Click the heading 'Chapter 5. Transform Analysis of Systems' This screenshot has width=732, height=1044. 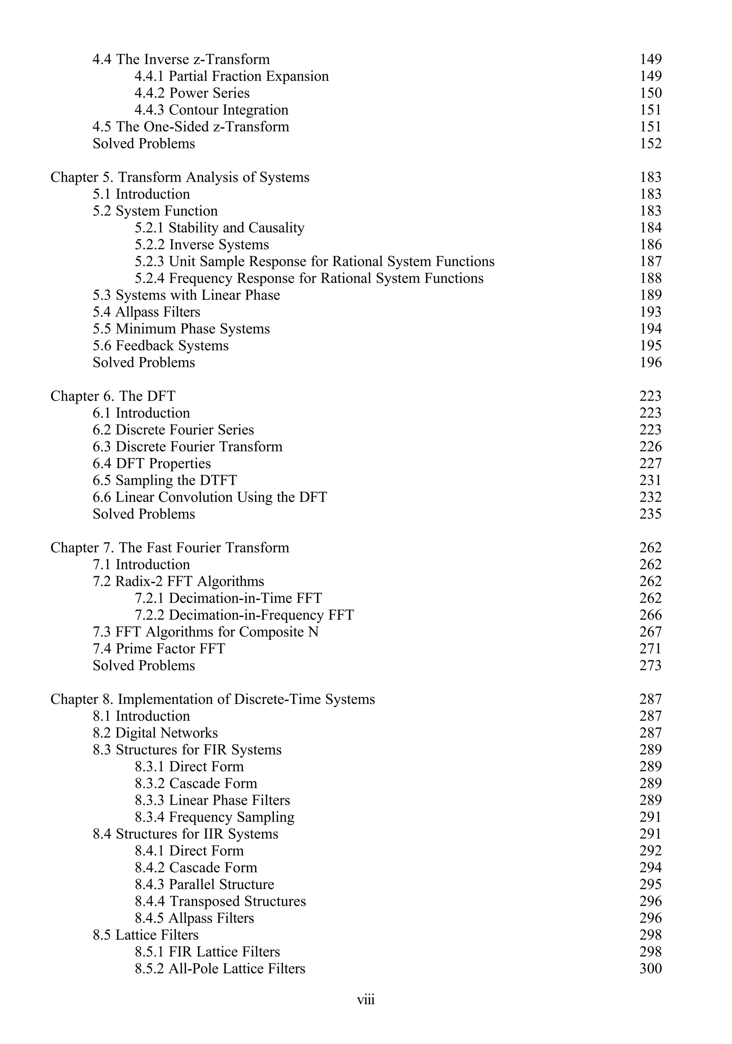(179, 177)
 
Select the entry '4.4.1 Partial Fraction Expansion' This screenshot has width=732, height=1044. (231, 77)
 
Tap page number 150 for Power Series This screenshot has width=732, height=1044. (650, 93)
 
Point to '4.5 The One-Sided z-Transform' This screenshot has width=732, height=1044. (191, 127)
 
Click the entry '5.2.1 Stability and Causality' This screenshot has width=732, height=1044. (219, 228)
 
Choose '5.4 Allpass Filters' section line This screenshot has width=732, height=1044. (146, 312)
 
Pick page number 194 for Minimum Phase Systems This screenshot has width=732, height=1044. (650, 329)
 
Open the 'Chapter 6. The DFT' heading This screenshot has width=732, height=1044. (113, 396)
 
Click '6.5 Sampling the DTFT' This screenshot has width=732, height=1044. (164, 480)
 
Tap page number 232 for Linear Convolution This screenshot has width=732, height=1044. (650, 497)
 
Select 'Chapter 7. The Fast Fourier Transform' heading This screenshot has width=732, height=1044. (169, 548)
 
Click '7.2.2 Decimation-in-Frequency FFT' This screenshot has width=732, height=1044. (244, 615)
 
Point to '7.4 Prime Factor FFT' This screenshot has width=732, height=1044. (159, 649)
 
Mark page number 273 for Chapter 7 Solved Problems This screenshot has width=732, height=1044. (650, 666)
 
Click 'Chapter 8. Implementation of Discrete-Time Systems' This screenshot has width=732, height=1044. (213, 699)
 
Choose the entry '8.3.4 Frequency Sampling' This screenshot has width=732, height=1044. (214, 817)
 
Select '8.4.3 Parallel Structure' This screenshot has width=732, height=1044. (204, 884)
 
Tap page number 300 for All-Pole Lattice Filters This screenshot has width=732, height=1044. (650, 969)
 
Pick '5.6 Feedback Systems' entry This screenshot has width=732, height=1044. (160, 345)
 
